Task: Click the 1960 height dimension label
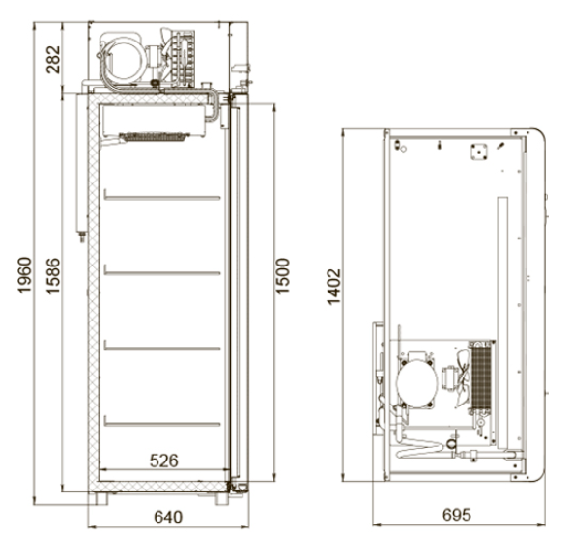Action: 24,275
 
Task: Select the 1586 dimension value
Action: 53,276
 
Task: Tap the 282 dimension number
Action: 53,60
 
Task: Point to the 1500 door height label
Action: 282,276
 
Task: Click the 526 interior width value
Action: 164,461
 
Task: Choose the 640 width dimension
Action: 168,517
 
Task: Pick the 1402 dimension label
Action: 333,287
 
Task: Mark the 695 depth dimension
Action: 457,515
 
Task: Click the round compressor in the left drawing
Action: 125,59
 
